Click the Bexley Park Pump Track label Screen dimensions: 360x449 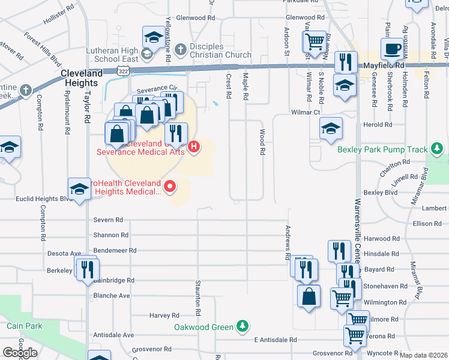[x=382, y=149]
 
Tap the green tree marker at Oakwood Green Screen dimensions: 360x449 [x=242, y=325]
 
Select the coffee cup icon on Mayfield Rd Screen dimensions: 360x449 [x=393, y=48]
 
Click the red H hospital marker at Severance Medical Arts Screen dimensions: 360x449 [x=194, y=146]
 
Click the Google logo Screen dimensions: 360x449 [x=20, y=353]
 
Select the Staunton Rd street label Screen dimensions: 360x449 [x=197, y=298]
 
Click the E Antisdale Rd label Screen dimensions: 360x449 [x=275, y=340]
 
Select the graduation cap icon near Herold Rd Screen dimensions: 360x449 [x=331, y=128]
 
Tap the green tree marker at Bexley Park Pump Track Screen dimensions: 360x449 [x=438, y=149]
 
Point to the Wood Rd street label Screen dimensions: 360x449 [x=262, y=143]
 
